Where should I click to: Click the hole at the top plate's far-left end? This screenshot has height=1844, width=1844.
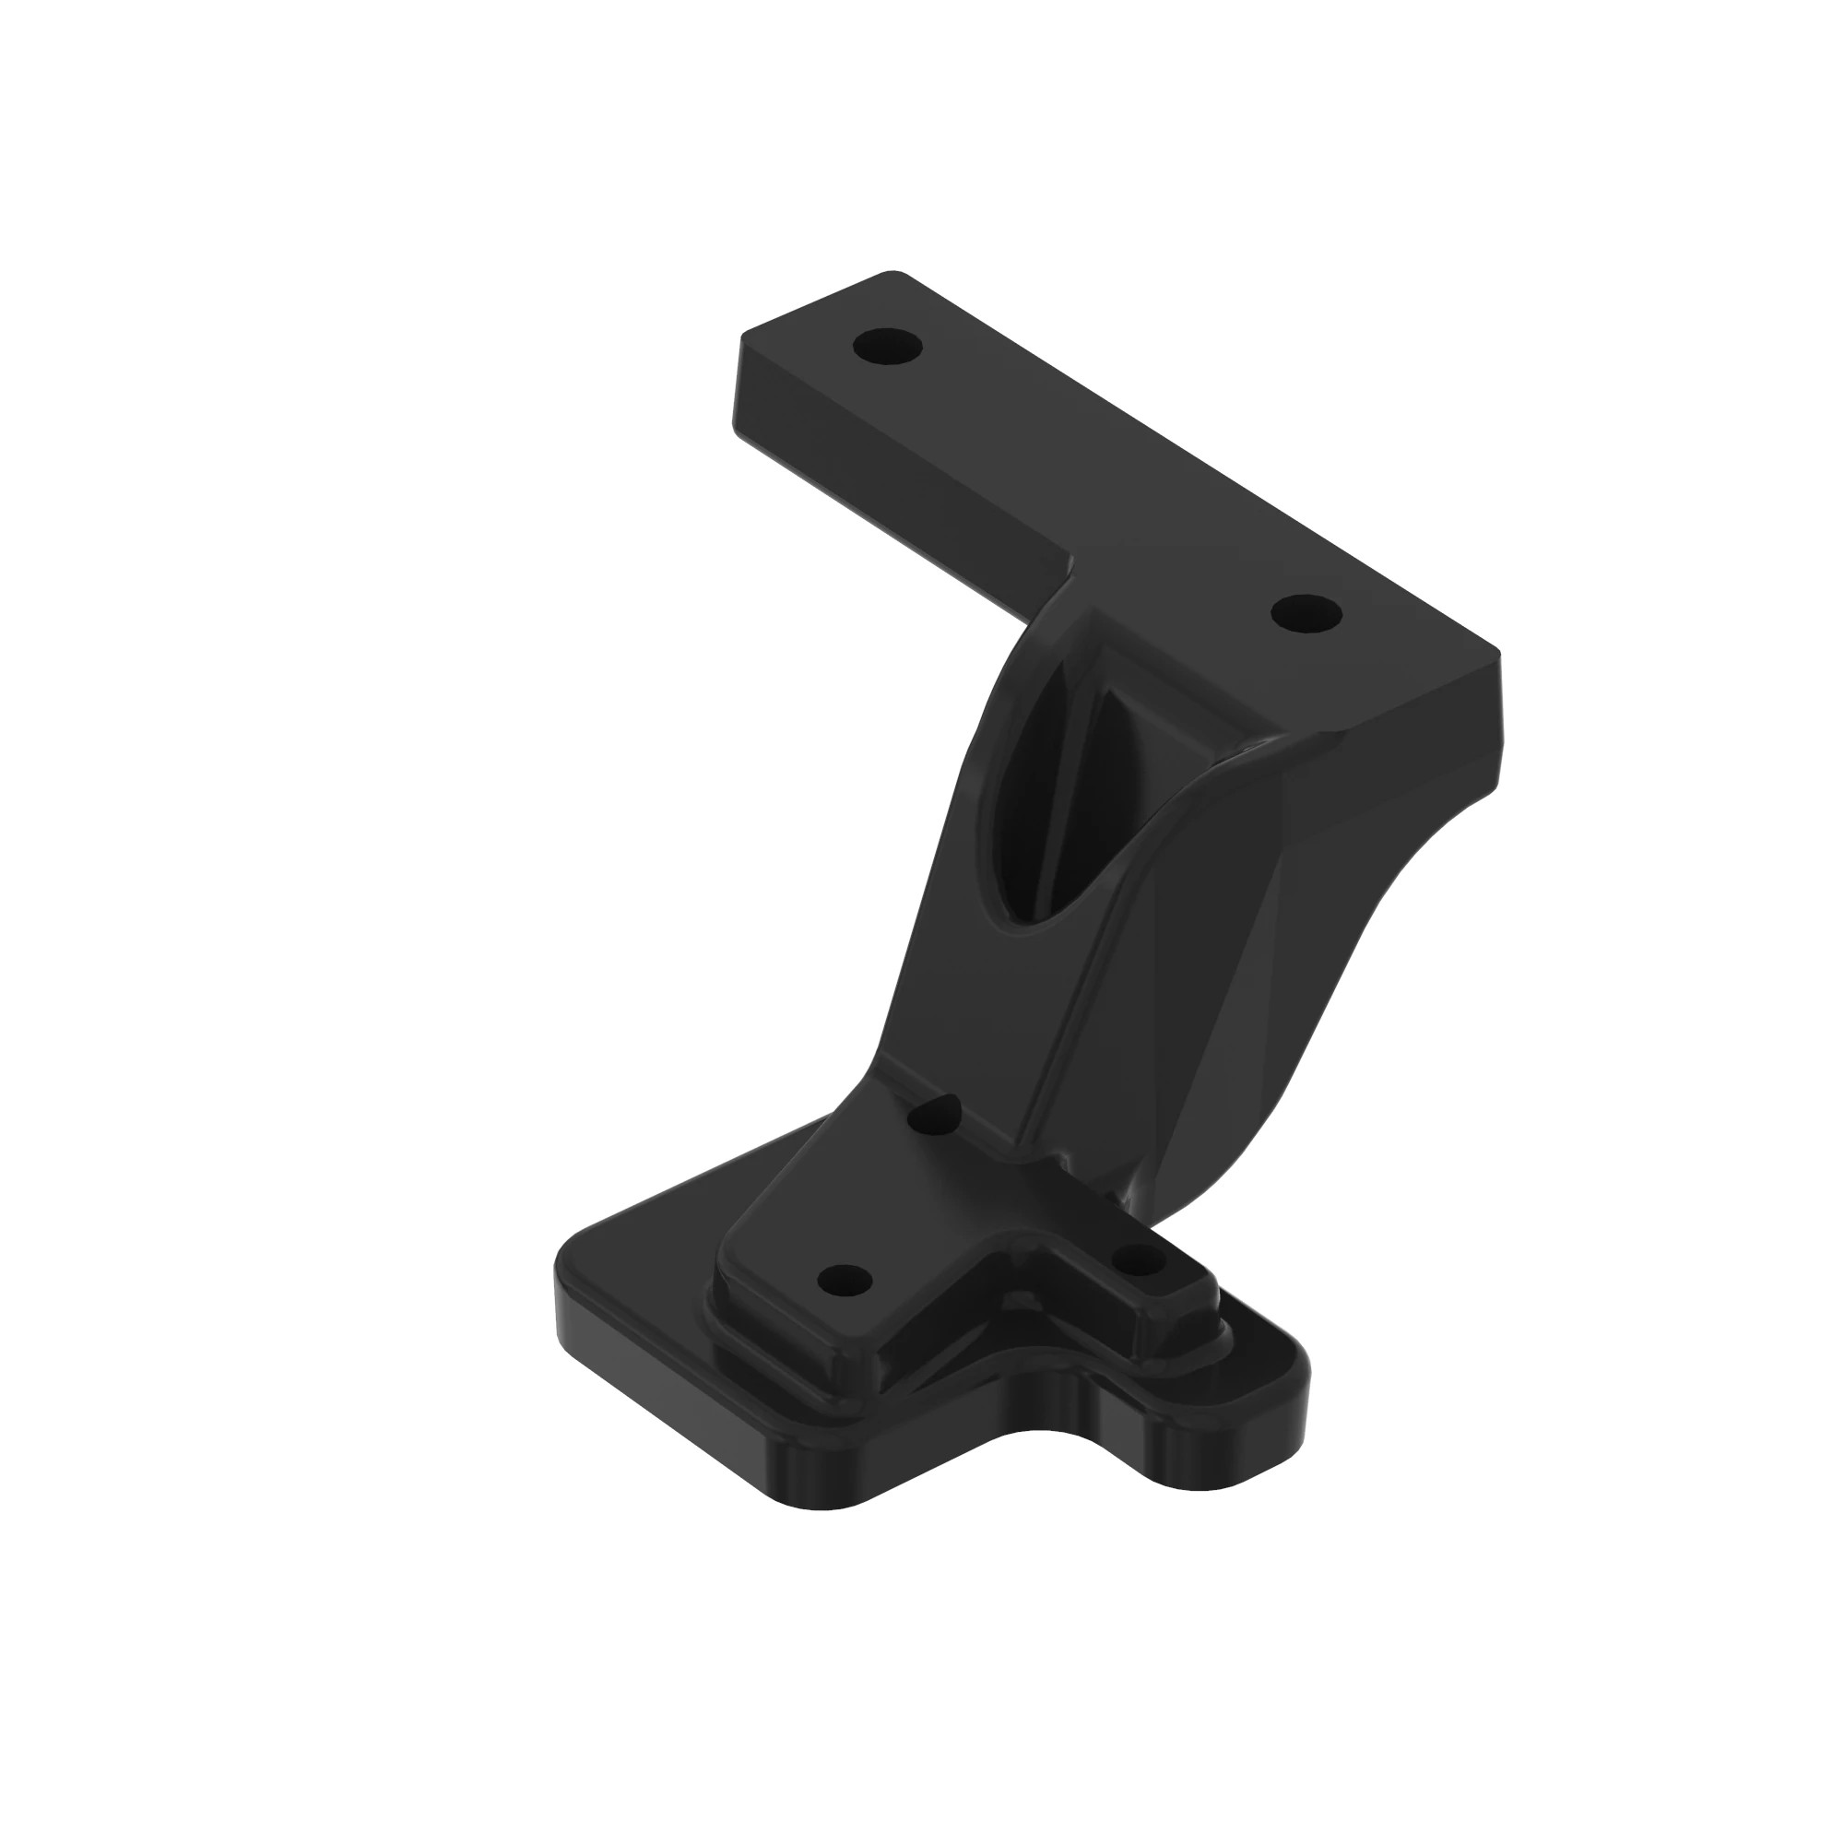point(887,346)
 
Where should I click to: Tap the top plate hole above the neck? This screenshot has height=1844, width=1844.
point(1306,613)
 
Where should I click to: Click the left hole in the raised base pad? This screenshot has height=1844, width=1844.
point(845,1279)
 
